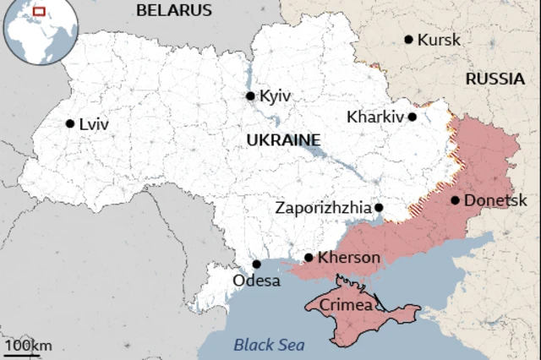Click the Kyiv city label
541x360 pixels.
(x=276, y=96)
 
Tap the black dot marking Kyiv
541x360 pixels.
(x=250, y=95)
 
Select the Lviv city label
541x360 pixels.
(x=93, y=123)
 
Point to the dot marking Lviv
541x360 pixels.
(x=69, y=123)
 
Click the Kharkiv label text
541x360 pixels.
(x=374, y=117)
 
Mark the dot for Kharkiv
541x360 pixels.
(x=413, y=117)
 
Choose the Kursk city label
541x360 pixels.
(x=440, y=40)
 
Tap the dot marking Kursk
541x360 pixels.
(x=408, y=39)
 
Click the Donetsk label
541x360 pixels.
(x=496, y=200)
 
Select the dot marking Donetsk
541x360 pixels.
(x=456, y=200)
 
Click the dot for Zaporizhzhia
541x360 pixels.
(x=379, y=207)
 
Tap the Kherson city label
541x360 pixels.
(x=349, y=258)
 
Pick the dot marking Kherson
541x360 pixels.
(x=309, y=258)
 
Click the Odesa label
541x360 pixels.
(x=256, y=281)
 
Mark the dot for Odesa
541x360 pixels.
(x=256, y=264)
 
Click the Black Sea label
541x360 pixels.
(x=269, y=344)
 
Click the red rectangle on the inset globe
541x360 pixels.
(x=37, y=12)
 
